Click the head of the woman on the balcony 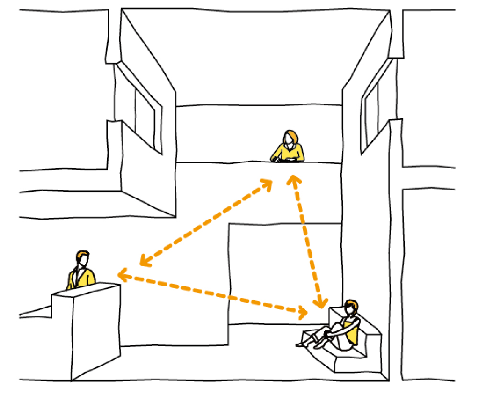pyautogui.click(x=290, y=138)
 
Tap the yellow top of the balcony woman pyautogui.click(x=289, y=153)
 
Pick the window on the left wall pyautogui.click(x=145, y=117)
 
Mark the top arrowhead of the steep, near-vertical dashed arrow pyautogui.click(x=294, y=179)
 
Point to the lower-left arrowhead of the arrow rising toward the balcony pyautogui.click(x=143, y=262)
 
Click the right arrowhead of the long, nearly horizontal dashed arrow pyautogui.click(x=303, y=313)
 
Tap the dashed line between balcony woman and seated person pyautogui.click(x=307, y=239)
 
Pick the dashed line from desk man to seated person pyautogui.click(x=211, y=293)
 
